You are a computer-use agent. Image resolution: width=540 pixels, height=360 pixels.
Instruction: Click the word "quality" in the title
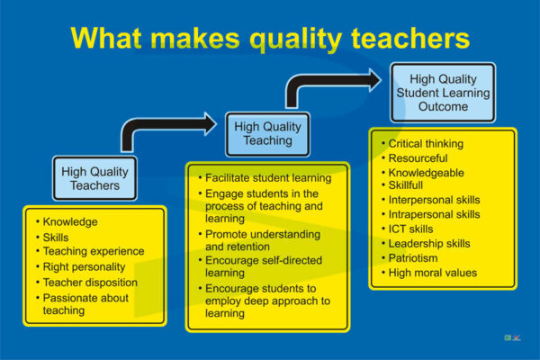click(x=296, y=40)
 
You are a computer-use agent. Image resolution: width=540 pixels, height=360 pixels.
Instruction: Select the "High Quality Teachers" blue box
click(x=94, y=178)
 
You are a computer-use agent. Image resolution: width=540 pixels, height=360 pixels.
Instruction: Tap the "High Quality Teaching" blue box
click(x=267, y=134)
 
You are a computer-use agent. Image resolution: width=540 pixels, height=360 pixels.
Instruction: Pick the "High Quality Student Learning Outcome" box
click(x=443, y=93)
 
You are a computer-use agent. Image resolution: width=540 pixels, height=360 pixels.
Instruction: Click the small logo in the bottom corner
click(x=512, y=338)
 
